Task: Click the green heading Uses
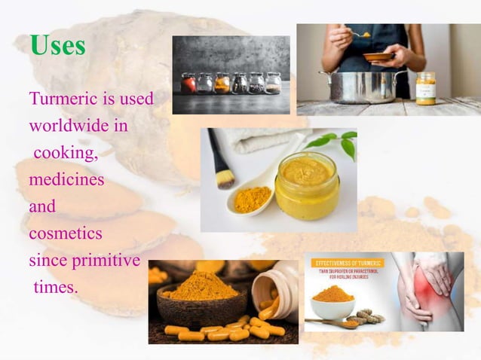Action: tap(57, 46)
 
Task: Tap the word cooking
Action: tap(66, 153)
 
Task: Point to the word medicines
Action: tap(66, 180)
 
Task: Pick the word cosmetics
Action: tap(66, 233)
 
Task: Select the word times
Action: tap(56, 288)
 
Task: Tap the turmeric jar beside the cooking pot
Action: tap(425, 88)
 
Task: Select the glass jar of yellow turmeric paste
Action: tap(306, 185)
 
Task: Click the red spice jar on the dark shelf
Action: tap(188, 83)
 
